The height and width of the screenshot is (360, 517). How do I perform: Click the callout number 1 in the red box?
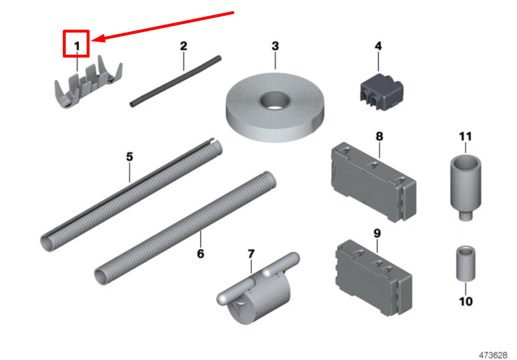(76, 44)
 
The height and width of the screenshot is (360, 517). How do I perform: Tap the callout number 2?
(183, 45)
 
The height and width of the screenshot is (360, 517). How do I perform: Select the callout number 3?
(275, 45)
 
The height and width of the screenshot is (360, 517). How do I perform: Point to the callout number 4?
(378, 45)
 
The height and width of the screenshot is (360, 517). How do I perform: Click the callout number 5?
(130, 156)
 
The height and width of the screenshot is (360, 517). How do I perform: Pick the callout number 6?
(201, 254)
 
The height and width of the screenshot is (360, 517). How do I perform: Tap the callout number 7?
(251, 254)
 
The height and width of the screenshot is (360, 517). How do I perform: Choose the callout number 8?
(379, 136)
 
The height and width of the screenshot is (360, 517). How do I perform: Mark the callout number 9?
(377, 233)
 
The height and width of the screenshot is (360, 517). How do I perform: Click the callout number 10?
(465, 301)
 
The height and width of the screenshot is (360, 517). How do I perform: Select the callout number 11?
(465, 137)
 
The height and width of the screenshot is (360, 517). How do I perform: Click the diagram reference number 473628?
(494, 354)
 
